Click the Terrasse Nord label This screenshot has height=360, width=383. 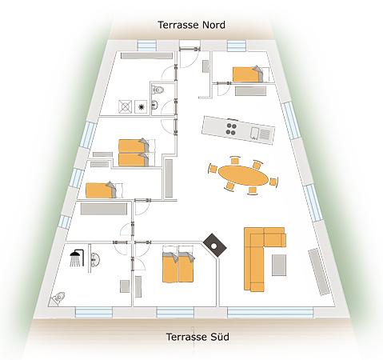[x=191, y=25]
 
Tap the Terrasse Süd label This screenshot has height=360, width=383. [x=197, y=337]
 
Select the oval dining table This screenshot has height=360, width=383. [x=243, y=175]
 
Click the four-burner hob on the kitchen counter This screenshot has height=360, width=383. [x=231, y=129]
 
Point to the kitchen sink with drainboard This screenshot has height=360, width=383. [x=261, y=134]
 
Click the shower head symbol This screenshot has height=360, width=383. [x=77, y=258]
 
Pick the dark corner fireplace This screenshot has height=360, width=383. [x=214, y=246]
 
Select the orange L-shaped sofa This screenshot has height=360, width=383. [x=264, y=258]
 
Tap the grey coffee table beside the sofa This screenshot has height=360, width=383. [x=279, y=265]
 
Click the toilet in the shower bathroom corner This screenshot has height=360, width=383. [x=58, y=298]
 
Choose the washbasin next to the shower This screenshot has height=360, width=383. [x=94, y=258]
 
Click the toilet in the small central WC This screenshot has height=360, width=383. [x=158, y=90]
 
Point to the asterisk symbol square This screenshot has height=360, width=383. [x=141, y=107]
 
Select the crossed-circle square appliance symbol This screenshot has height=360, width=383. [x=125, y=106]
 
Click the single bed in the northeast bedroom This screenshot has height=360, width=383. [x=248, y=74]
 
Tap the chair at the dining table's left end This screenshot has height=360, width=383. [x=213, y=169]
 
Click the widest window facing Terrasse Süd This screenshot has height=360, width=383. [x=270, y=312]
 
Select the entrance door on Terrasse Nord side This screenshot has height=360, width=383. [x=190, y=48]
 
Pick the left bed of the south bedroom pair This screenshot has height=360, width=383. [x=170, y=267]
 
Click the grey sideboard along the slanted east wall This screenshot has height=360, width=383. [x=319, y=271]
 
